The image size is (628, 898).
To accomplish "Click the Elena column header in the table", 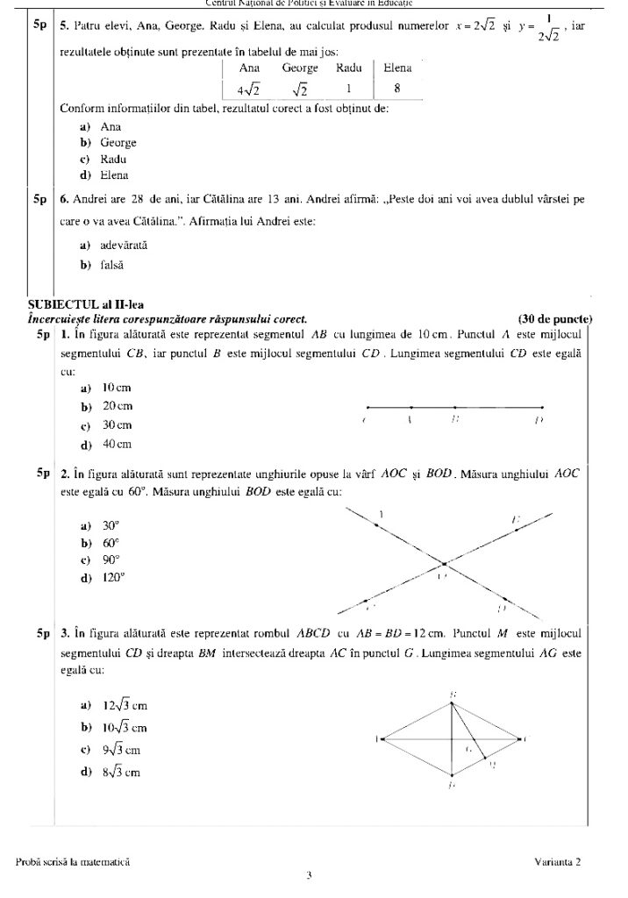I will (397, 67).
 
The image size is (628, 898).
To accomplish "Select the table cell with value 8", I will (397, 88).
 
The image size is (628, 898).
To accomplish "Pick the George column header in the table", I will (300, 67).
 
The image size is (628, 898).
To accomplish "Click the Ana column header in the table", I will (249, 67).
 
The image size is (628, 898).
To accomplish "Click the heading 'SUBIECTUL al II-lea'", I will (77, 304).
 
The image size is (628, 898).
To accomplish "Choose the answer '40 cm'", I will (116, 444).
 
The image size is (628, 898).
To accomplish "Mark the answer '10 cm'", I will (116, 388).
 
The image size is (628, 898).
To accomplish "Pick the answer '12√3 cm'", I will (124, 704).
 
